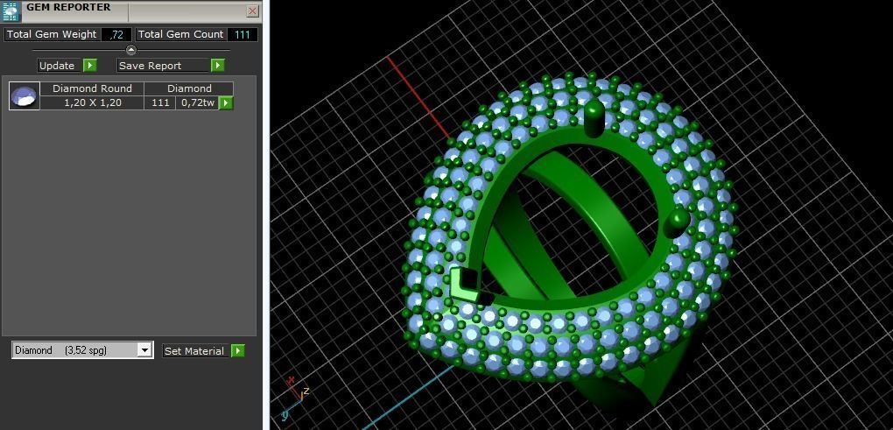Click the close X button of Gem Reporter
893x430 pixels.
coord(252,11)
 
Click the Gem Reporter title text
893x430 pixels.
coord(68,7)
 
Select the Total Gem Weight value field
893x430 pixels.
coord(116,34)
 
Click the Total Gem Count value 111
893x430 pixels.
coord(243,34)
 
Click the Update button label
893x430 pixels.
coord(57,66)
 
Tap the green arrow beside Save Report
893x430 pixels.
coord(218,65)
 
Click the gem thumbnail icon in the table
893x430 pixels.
coord(25,95)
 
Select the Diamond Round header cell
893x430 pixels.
coord(92,88)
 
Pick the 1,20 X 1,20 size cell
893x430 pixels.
coord(92,102)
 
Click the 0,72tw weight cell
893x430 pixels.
coord(197,102)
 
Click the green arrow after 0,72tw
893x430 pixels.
coord(226,102)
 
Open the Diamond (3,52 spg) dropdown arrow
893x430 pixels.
coord(144,350)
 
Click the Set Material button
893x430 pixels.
coord(194,351)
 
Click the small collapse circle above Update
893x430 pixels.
coord(131,50)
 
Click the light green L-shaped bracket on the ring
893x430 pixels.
coord(463,285)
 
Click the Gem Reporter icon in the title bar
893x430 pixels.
coord(11,11)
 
